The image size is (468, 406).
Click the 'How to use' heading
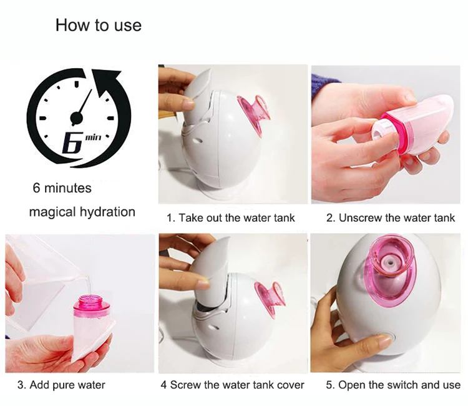coord(99,25)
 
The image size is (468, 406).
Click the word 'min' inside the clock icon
coord(94,137)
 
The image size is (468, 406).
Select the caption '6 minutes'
coord(62,188)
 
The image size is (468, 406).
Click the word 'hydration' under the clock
coord(107,212)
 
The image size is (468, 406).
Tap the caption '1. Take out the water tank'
coord(231,218)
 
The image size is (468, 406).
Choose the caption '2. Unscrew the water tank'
coord(391,218)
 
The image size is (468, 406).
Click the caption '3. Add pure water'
coord(61,385)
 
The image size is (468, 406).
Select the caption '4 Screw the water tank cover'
coord(232,385)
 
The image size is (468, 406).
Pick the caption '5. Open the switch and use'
coord(393,385)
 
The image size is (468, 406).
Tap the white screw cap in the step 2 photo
coord(382,131)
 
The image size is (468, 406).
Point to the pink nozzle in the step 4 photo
coord(270,300)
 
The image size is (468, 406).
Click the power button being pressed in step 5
coord(387,339)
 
